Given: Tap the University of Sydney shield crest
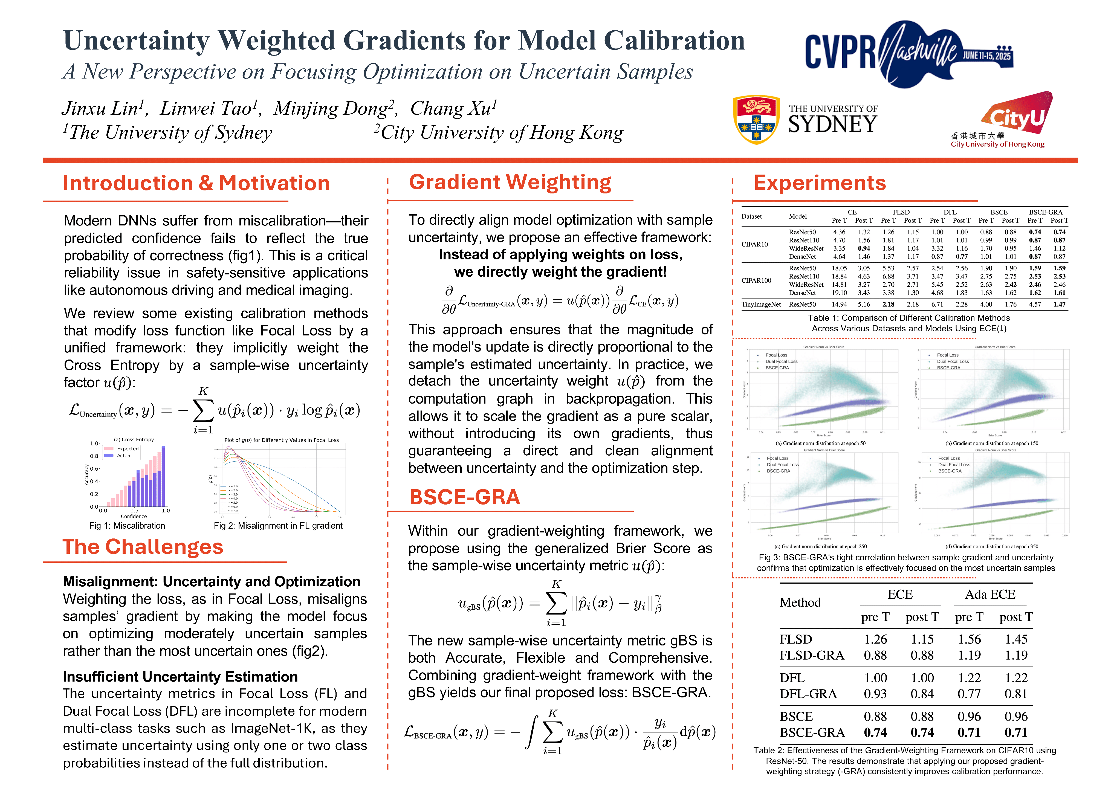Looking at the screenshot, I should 756,119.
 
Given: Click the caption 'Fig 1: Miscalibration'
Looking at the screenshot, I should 127,526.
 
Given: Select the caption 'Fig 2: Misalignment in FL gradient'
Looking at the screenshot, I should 278,526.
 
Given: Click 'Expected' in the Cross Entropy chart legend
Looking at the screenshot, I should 128,449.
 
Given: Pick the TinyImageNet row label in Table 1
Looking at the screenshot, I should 761,305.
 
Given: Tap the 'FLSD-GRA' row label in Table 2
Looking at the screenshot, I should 811,656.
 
